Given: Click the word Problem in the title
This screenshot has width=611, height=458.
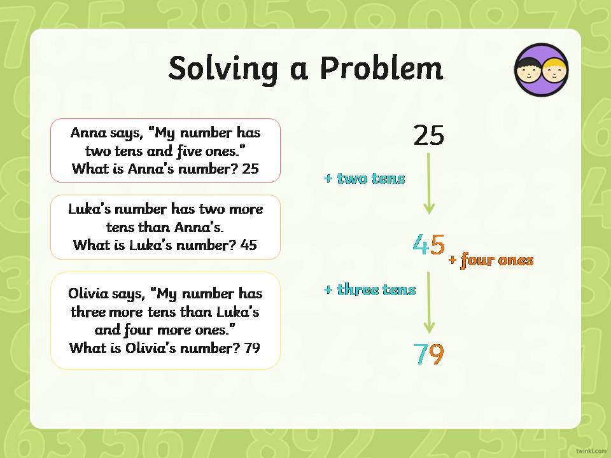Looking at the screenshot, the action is (382, 68).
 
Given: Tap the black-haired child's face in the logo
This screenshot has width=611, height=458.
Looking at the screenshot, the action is (528, 71).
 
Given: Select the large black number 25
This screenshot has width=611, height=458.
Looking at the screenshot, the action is (428, 135).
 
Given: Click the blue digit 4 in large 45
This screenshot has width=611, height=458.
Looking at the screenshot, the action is (421, 244).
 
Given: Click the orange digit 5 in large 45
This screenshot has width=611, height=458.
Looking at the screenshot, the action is (437, 244).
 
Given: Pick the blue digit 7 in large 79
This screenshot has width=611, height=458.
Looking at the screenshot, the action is (421, 354).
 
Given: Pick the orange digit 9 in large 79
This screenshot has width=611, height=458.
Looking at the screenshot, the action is (437, 354).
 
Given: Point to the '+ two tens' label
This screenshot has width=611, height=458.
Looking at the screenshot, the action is (365, 178).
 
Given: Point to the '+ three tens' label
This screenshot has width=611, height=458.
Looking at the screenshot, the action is (370, 289).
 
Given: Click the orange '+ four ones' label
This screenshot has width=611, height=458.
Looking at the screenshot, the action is (491, 260).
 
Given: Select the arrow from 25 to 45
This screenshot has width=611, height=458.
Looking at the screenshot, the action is (428, 183).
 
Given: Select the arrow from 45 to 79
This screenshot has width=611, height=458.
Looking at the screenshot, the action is (428, 303).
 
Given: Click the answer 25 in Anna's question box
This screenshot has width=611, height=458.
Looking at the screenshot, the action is (250, 169).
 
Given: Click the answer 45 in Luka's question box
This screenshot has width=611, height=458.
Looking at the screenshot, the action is (249, 245).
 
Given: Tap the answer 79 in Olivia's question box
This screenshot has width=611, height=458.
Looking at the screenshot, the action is (252, 347).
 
